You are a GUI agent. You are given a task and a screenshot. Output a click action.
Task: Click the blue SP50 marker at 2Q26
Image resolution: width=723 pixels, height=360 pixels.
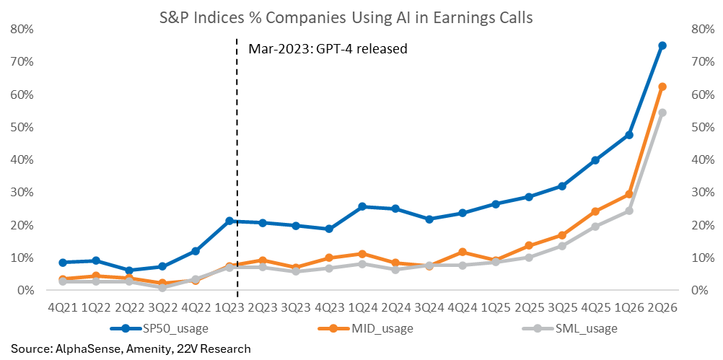pyautogui.click(x=662, y=45)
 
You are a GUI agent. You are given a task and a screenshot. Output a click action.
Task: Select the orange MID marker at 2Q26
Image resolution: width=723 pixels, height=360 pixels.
pyautogui.click(x=662, y=87)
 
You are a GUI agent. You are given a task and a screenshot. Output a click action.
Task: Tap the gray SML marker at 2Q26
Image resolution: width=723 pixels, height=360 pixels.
pyautogui.click(x=662, y=113)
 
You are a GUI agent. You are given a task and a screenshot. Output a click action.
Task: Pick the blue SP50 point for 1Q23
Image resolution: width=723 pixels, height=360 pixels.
pyautogui.click(x=229, y=221)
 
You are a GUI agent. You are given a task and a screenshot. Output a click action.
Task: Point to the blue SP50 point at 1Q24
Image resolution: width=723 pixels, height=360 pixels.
pyautogui.click(x=362, y=206)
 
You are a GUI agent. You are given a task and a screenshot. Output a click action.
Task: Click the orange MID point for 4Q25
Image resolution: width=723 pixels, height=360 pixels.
pyautogui.click(x=595, y=211)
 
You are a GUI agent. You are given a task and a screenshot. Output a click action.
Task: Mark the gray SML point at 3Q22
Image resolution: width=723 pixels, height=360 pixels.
pyautogui.click(x=162, y=287)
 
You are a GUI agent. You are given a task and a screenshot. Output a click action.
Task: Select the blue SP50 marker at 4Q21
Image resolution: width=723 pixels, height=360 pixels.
pyautogui.click(x=63, y=263)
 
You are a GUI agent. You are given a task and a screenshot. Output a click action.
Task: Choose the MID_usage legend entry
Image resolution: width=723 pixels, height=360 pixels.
pyautogui.click(x=366, y=329)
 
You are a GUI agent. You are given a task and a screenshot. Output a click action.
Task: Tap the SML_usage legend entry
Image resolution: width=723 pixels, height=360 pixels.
pyautogui.click(x=569, y=329)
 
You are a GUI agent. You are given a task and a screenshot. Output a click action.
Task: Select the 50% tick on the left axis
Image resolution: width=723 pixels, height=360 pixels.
pyautogui.click(x=23, y=127)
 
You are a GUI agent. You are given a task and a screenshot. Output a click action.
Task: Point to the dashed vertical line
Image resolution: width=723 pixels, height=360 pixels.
pyautogui.click(x=237, y=169)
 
